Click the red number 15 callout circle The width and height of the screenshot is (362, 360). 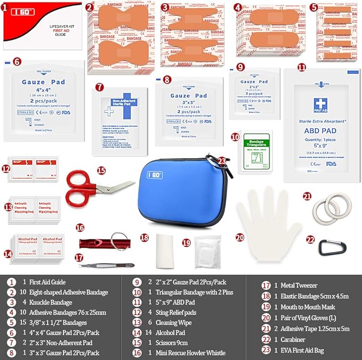[x=101, y=170]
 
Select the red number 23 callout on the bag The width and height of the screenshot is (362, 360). [x=222, y=161]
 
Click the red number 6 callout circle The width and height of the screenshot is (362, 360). [x=17, y=61]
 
